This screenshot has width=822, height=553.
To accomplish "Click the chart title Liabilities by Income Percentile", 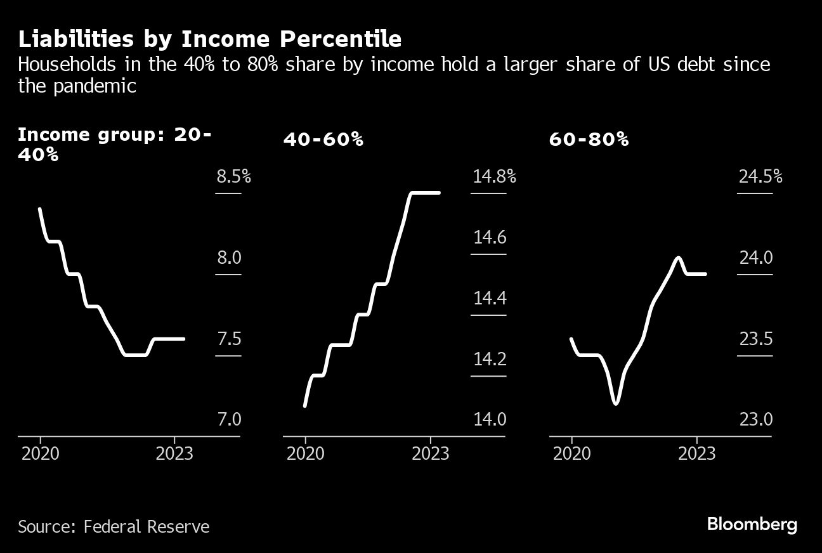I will tap(209, 39).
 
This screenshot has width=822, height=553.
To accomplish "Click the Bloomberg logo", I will tap(752, 525).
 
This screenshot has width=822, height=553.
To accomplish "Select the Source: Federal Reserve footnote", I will tap(114, 526).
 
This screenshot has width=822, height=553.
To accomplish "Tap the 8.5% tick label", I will tap(234, 176).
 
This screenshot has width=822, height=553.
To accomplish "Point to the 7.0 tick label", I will tap(230, 420).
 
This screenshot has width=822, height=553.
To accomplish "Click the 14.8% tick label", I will tap(494, 176).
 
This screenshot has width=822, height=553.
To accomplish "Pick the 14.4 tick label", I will tap(490, 298).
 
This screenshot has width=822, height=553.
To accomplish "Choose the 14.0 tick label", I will tap(490, 420).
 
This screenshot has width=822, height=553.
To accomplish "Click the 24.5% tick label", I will tap(760, 176).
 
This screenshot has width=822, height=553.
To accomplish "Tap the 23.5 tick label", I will tap(755, 339).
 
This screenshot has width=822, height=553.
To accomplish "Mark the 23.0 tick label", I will tap(755, 420).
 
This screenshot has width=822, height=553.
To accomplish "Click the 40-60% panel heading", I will tap(323, 140).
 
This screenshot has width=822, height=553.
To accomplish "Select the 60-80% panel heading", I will tap(589, 140).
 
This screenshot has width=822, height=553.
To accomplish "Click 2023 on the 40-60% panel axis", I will tap(431, 454).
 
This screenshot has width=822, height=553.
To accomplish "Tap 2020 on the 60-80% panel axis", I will tap(571, 454).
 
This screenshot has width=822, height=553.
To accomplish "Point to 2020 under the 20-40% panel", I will tap(41, 454).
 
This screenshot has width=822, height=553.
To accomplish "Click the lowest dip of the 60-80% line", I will tap(615, 403).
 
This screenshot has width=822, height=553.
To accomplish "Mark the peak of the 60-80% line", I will tap(679, 257).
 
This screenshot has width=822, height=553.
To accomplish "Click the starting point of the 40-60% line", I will tap(305, 406).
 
